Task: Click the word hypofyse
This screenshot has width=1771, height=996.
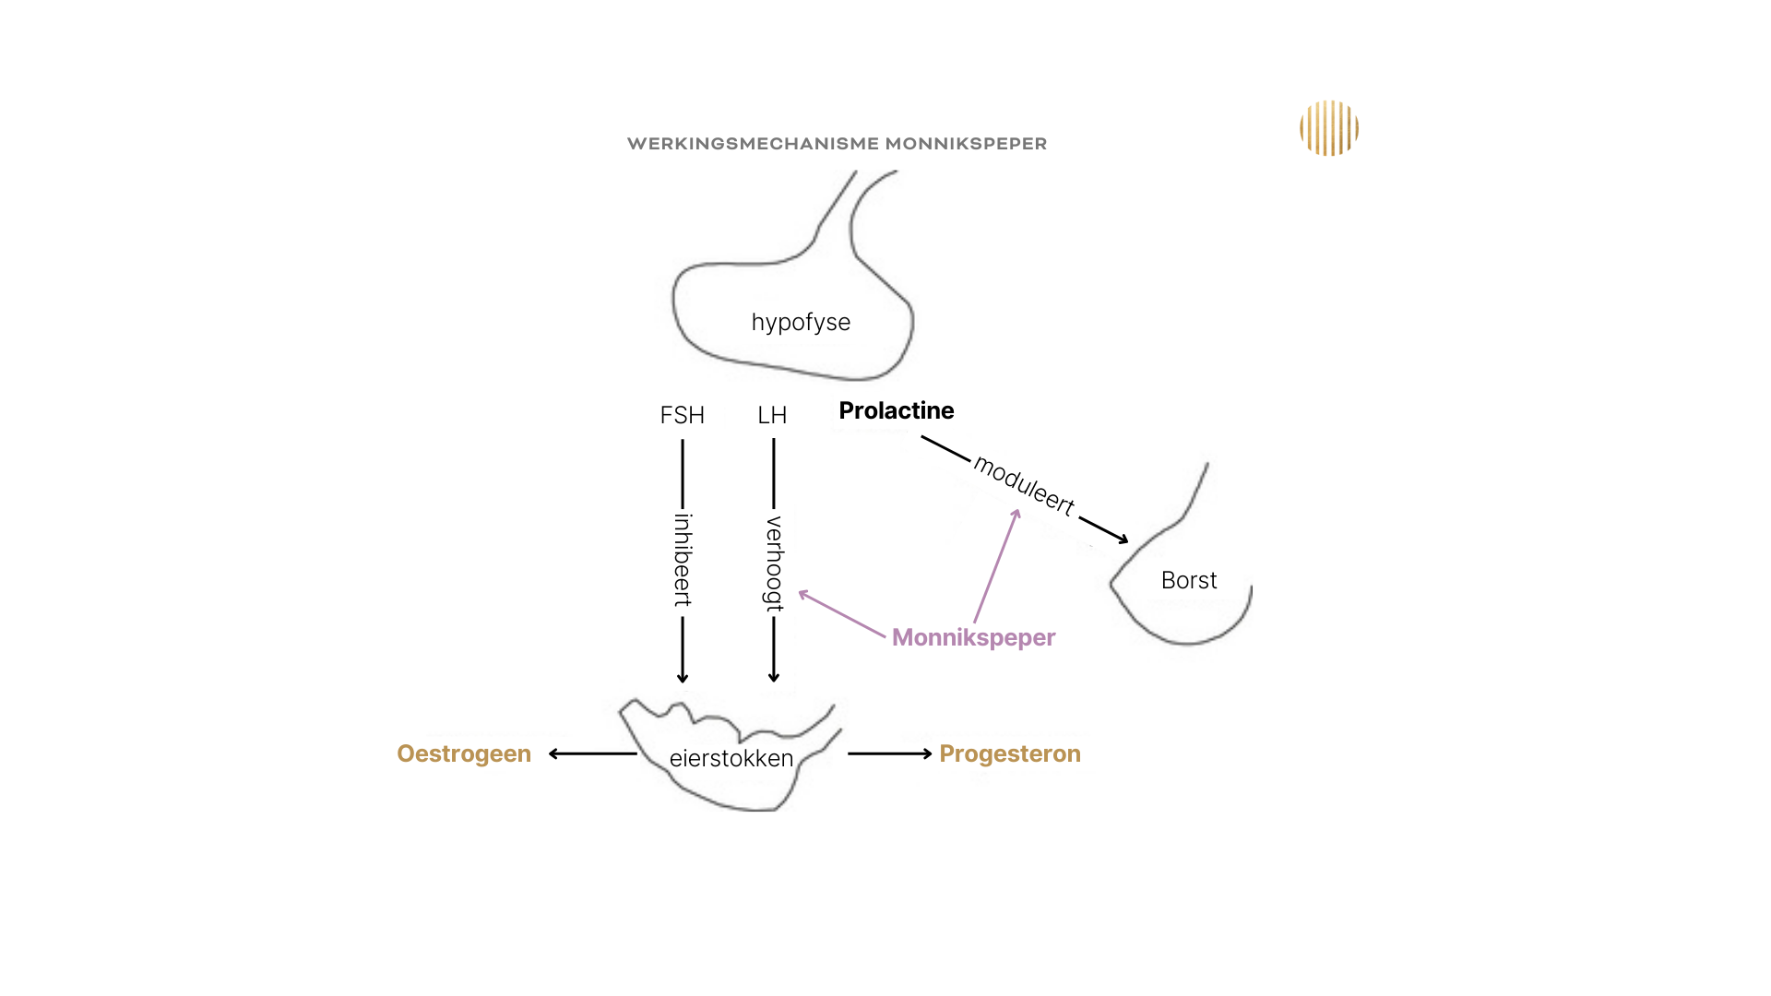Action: [x=801, y=323]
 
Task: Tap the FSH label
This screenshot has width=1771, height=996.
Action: [x=682, y=416]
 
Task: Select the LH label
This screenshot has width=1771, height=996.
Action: [x=772, y=416]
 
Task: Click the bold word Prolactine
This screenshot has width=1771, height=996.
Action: [x=896, y=411]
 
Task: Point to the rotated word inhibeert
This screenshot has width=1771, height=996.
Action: [x=683, y=560]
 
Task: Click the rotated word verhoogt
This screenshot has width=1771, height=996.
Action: [x=774, y=563]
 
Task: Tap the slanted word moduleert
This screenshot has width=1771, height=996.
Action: [x=1024, y=486]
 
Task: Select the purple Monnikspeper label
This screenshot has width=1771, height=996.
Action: [x=973, y=638]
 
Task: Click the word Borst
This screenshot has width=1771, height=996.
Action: [x=1189, y=581]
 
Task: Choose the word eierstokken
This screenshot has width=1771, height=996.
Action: [x=731, y=759]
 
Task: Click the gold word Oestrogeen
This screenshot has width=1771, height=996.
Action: [x=464, y=754]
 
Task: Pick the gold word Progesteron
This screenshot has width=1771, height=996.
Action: [x=1010, y=754]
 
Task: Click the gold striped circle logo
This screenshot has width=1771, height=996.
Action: [x=1329, y=128]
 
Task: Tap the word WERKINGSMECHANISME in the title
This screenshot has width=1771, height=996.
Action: [x=753, y=144]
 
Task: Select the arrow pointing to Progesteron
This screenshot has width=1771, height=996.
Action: [x=890, y=754]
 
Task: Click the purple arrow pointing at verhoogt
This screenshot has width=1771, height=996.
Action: [x=841, y=614]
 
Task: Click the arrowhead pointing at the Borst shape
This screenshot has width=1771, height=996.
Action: [x=1122, y=539]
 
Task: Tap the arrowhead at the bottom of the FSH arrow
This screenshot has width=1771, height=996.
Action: [x=683, y=678]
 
